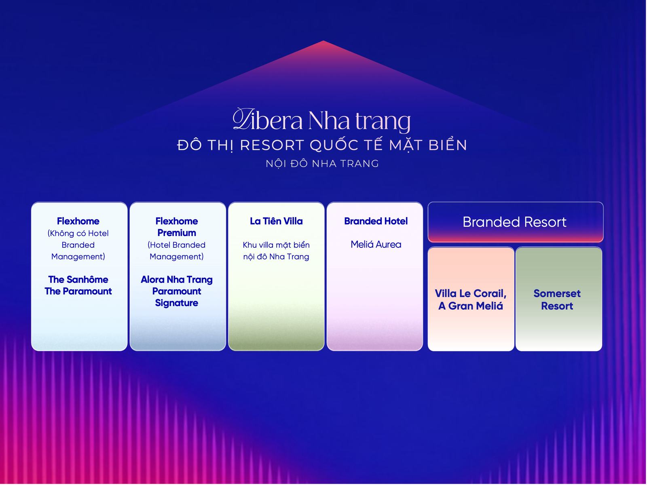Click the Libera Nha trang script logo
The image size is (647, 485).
pyautogui.click(x=321, y=120)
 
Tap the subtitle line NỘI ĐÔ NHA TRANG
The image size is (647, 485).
pyautogui.click(x=322, y=164)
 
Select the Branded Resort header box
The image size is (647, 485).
pyautogui.click(x=516, y=222)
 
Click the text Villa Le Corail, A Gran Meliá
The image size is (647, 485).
pyautogui.click(x=471, y=300)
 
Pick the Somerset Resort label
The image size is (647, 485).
pyautogui.click(x=557, y=300)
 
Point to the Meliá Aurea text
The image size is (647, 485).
pyautogui.click(x=376, y=245)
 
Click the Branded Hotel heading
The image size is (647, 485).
pyautogui.click(x=376, y=221)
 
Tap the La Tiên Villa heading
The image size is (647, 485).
pyautogui.click(x=276, y=221)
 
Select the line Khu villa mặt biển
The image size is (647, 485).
pyautogui.click(x=276, y=245)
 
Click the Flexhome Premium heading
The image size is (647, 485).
pyautogui.click(x=177, y=227)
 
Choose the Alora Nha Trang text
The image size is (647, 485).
pyautogui.click(x=177, y=279)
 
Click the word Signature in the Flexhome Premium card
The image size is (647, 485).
pyautogui.click(x=177, y=303)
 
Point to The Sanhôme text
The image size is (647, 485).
pyautogui.click(x=78, y=279)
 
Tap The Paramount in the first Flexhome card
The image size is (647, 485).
pyautogui.click(x=78, y=291)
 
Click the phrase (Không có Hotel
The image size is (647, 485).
pyautogui.click(x=78, y=234)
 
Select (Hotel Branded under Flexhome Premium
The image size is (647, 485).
pyautogui.click(x=177, y=245)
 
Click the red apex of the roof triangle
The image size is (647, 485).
pyautogui.click(x=323, y=41)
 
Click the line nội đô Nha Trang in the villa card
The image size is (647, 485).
pyautogui.click(x=276, y=257)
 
